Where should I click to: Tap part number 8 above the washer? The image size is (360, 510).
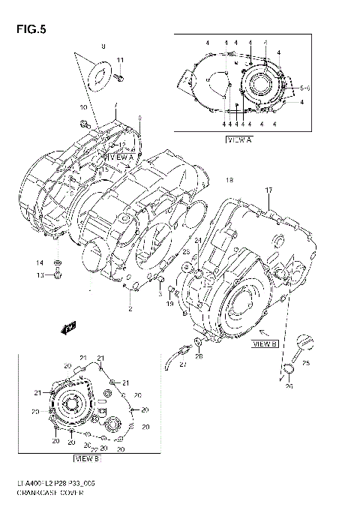tap(103, 46)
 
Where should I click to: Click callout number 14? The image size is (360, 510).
tap(40, 262)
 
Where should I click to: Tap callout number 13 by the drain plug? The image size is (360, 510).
tap(40, 275)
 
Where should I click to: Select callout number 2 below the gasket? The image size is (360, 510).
tap(130, 308)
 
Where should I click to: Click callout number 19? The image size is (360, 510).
tap(169, 304)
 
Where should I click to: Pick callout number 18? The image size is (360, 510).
tap(229, 181)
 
